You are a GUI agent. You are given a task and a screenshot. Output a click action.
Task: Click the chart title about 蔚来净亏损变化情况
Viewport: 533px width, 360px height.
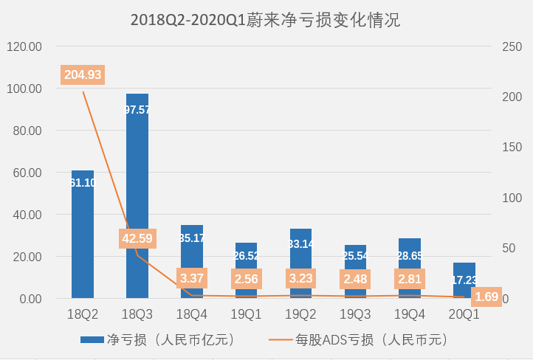click(x=265, y=20)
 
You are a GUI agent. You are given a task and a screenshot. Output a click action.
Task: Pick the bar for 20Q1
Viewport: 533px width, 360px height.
click(x=464, y=280)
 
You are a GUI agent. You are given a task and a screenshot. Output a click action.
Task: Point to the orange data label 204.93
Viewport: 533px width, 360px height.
click(x=83, y=75)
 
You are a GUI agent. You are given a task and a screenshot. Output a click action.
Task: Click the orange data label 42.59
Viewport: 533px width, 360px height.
click(x=137, y=238)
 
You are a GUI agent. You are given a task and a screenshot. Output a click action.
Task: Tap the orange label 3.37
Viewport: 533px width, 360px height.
click(x=192, y=279)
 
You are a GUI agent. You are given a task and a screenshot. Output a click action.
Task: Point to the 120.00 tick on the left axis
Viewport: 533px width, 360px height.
click(x=24, y=46)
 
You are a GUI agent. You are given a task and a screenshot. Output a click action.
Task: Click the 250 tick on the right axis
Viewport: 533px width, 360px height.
click(x=511, y=46)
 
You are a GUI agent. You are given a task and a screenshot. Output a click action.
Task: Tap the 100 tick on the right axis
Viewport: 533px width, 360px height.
click(x=511, y=198)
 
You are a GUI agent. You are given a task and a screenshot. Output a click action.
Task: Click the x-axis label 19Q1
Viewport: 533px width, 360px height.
click(x=247, y=314)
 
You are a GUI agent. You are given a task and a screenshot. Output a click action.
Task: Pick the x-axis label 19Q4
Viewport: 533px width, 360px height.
click(x=410, y=314)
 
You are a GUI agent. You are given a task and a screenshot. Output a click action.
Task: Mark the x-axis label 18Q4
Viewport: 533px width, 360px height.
click(x=192, y=314)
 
